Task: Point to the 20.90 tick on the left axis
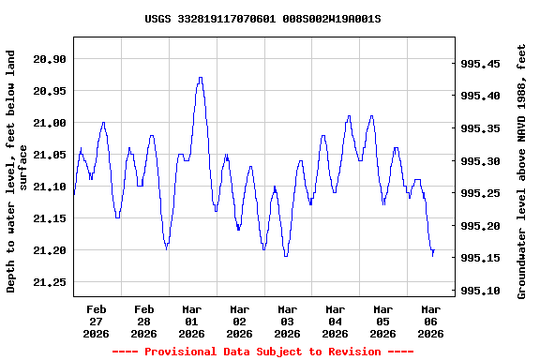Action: [x=50, y=59]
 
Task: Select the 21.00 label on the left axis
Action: [x=50, y=123]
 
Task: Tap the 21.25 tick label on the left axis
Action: [x=50, y=282]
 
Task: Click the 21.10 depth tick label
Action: [x=50, y=187]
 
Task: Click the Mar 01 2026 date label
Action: [x=191, y=321]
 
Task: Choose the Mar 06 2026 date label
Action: [x=430, y=321]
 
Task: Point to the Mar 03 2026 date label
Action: [x=287, y=321]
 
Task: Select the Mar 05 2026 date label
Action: [x=382, y=321]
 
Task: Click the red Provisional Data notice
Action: [x=262, y=352]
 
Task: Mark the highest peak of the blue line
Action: [x=200, y=78]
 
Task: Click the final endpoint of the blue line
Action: [x=434, y=250]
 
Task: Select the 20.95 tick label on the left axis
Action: [x=50, y=91]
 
